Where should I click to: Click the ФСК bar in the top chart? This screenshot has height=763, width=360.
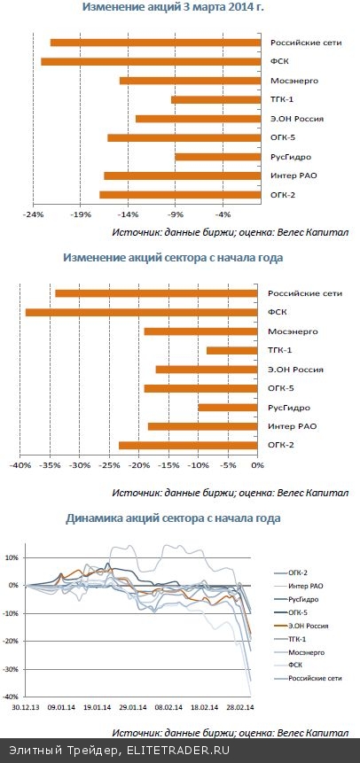[151, 61]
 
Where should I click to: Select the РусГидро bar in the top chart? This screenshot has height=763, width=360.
[217, 157]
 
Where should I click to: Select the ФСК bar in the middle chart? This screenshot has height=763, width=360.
[142, 312]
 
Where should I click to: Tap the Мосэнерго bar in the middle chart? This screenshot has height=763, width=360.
[200, 331]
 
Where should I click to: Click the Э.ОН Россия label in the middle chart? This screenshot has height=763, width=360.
[294, 370]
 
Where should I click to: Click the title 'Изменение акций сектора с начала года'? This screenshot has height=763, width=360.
[173, 258]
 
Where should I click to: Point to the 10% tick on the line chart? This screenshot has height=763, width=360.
[12, 557]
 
